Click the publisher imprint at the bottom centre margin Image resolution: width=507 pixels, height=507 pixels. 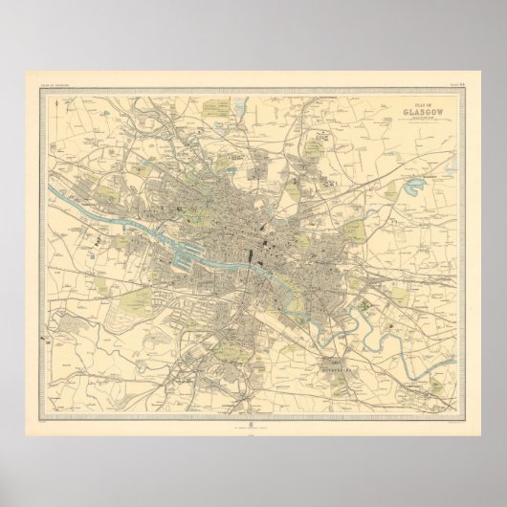pyautogui.click(x=253, y=398)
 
